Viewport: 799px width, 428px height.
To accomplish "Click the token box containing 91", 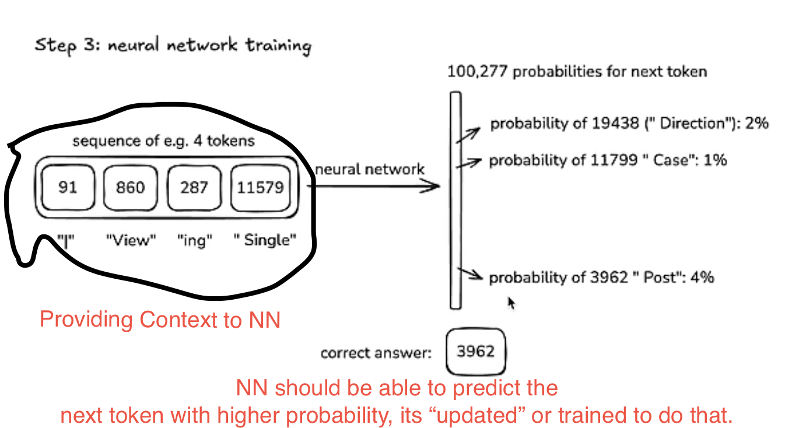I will point(68,187).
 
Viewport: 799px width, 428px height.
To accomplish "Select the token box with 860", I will point(131,187).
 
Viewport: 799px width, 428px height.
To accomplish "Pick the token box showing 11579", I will point(260,187).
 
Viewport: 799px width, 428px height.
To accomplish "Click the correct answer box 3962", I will point(475,352).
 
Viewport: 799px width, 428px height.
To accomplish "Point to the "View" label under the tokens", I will point(131,240).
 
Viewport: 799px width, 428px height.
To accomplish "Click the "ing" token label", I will point(194,240).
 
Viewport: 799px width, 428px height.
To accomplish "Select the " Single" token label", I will point(266,240).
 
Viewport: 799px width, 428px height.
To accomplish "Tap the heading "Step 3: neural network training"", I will point(173,45).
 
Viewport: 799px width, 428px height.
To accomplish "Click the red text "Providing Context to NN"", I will point(160,320).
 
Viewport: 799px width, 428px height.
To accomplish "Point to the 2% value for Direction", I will point(758,124).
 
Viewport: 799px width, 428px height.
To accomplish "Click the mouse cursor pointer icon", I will point(511,303).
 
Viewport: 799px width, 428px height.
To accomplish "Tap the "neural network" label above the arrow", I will point(370,170).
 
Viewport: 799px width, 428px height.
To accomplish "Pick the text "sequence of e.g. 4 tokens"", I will point(163,141).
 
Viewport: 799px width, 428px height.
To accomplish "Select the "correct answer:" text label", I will point(376,353).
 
